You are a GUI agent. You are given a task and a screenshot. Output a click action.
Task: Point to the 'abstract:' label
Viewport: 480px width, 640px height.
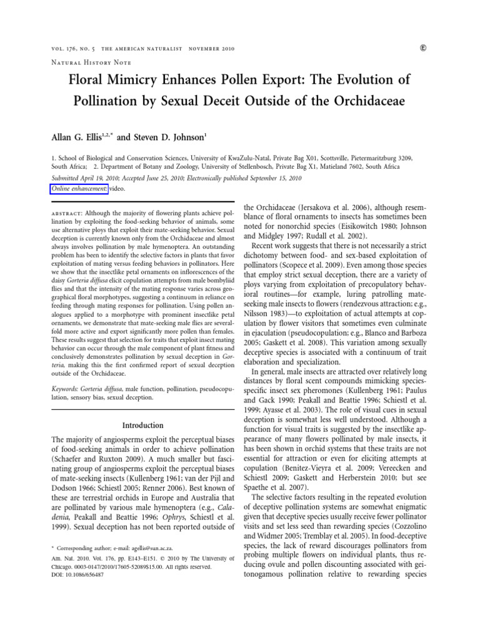[66, 212]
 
